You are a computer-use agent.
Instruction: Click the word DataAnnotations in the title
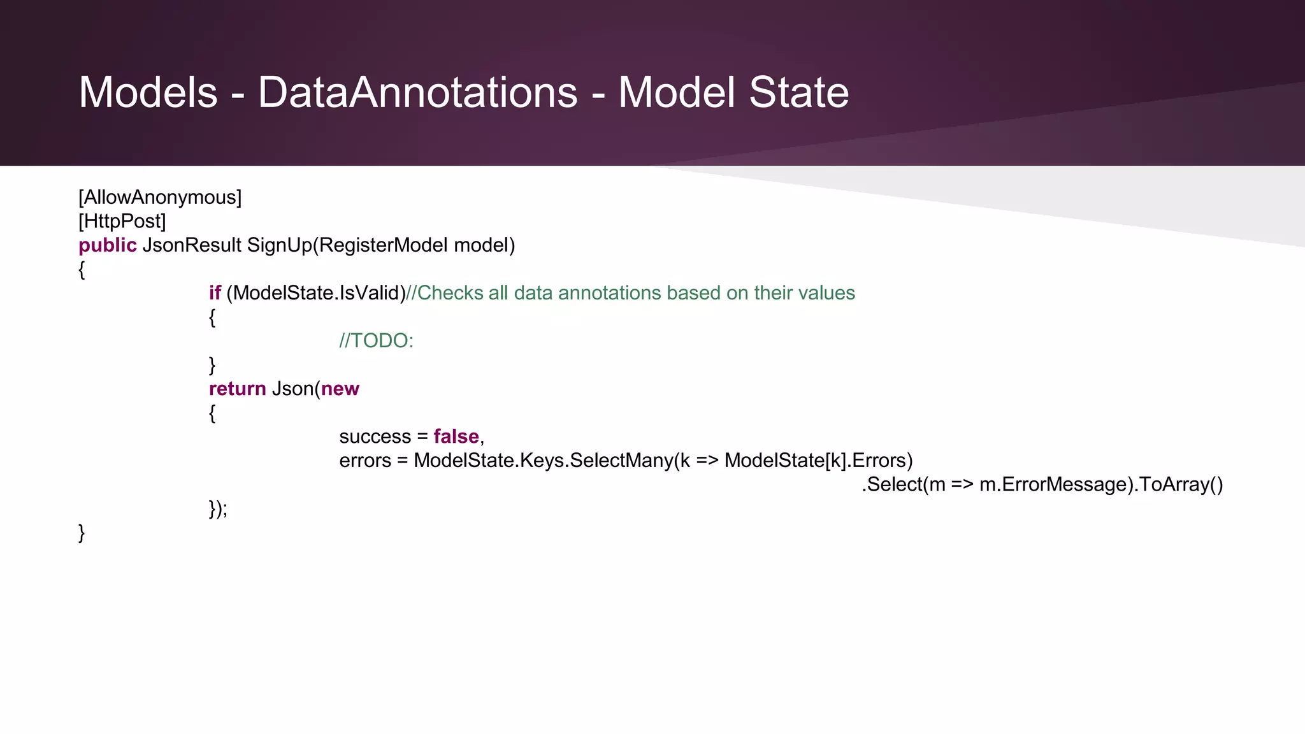click(417, 93)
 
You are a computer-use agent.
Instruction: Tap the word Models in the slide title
click(148, 93)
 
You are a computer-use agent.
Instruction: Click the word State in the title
click(798, 93)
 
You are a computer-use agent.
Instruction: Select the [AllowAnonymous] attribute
click(160, 198)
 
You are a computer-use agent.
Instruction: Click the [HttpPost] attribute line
click(122, 221)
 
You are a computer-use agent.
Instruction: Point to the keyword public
click(108, 245)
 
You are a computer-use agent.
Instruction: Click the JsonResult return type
click(192, 245)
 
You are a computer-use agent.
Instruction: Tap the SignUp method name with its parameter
click(381, 245)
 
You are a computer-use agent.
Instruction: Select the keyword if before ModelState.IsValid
click(215, 293)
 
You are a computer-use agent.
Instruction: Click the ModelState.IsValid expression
click(316, 293)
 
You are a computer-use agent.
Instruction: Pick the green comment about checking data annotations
click(630, 293)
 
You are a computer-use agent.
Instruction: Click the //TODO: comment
click(376, 341)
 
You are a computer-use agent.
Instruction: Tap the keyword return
click(237, 389)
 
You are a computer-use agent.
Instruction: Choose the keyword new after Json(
click(340, 389)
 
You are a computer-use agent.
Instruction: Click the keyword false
click(456, 436)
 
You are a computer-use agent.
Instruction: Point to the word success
click(375, 436)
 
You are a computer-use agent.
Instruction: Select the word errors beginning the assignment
click(365, 461)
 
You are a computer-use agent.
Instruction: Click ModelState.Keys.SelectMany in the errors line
click(543, 461)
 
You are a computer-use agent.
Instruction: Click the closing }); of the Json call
click(218, 508)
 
